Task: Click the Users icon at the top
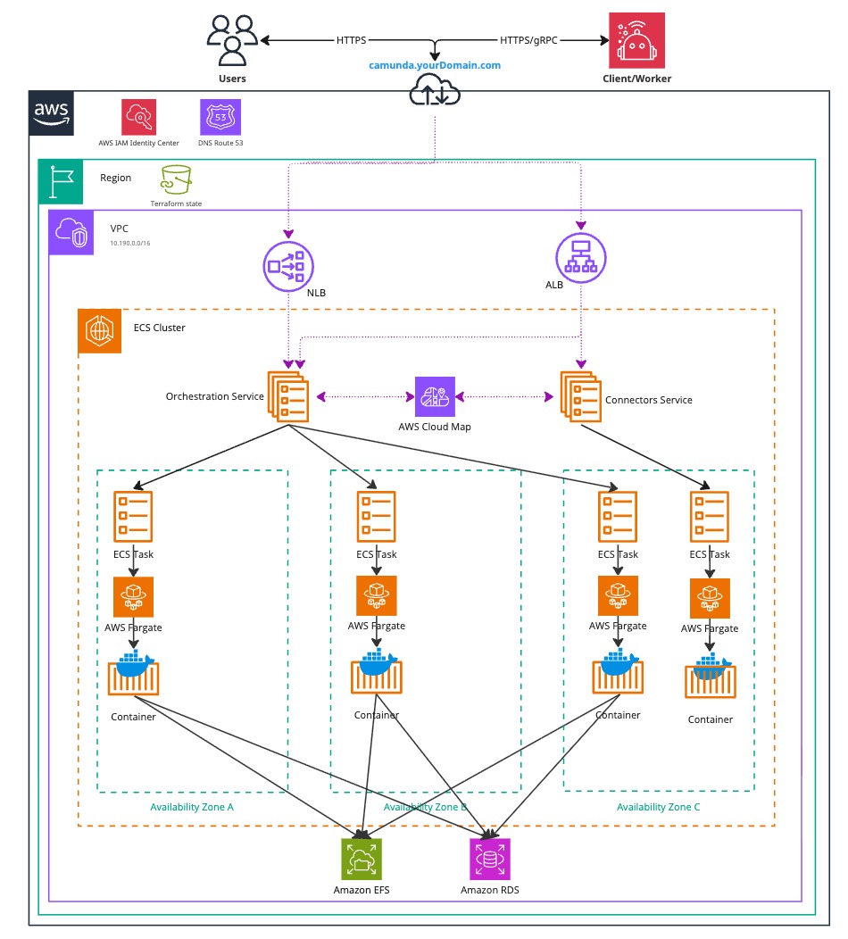(232, 39)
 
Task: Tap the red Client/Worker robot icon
(636, 40)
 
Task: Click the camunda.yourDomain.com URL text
(435, 65)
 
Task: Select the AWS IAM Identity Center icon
(139, 116)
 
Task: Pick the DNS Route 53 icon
(220, 116)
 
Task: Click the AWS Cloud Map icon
(435, 396)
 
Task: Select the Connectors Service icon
(580, 396)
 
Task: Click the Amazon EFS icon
(362, 860)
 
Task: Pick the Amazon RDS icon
(490, 860)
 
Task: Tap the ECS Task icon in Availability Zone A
(133, 516)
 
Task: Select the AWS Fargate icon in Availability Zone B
(377, 595)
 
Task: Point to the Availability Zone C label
(659, 807)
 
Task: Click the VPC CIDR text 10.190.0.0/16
(130, 243)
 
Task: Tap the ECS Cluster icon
(100, 331)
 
